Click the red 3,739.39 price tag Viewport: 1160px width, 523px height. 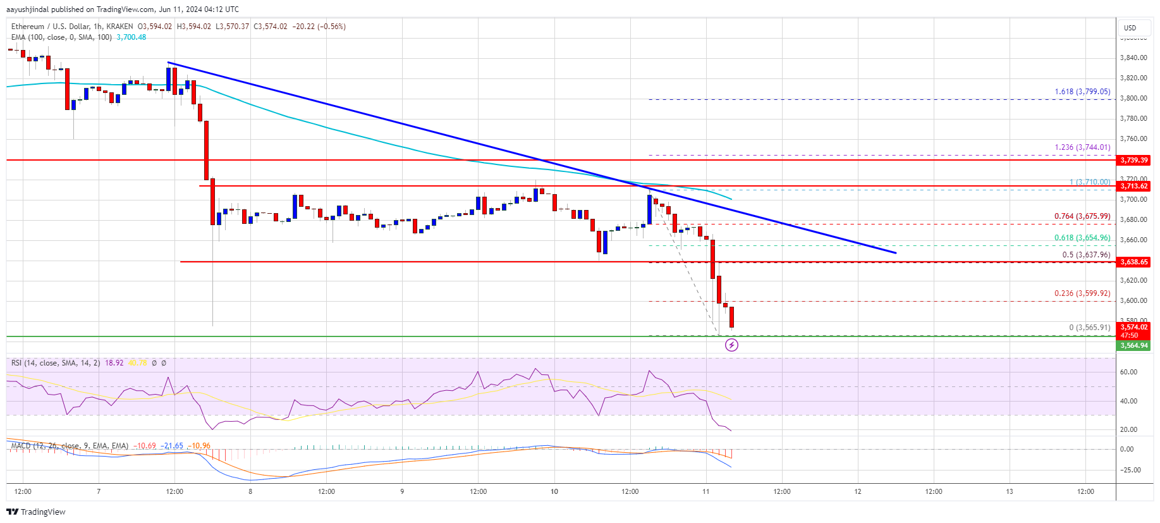click(x=1133, y=160)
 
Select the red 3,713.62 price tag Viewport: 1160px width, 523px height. click(x=1133, y=186)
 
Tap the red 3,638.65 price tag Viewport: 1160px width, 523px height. click(x=1133, y=262)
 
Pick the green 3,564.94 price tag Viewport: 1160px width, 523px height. click(x=1133, y=345)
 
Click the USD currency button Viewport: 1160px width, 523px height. click(x=1130, y=28)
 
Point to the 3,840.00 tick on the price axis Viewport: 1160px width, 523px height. click(x=1133, y=58)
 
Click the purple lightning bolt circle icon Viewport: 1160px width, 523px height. click(x=731, y=345)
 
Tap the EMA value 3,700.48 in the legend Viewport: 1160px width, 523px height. click(x=131, y=37)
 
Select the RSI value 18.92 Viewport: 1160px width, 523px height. click(x=114, y=363)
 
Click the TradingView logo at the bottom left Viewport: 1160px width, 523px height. click(x=37, y=512)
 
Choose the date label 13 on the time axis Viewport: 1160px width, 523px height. click(x=1010, y=491)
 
